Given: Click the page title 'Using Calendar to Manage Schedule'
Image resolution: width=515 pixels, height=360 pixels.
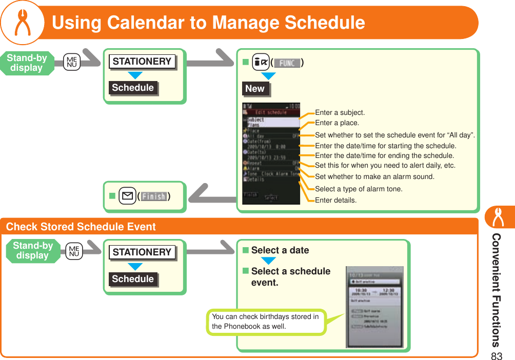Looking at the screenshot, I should click(208, 23).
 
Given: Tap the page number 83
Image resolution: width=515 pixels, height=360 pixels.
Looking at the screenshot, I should click(496, 355).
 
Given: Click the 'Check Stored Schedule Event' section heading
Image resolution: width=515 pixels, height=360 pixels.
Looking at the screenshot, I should click(81, 227).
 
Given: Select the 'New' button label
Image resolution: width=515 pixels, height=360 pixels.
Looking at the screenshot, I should click(255, 88).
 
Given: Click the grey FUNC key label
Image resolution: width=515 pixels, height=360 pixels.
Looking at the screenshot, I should click(287, 63).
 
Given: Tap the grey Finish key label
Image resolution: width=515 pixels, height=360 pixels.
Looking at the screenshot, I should click(153, 196).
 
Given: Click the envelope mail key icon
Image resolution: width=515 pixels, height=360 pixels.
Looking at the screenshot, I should click(126, 196).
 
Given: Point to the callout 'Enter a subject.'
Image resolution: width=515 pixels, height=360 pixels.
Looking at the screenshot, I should click(340, 112).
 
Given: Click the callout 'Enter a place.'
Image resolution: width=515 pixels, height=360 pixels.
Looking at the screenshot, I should click(337, 123).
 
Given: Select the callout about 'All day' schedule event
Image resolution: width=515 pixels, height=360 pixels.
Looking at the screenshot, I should click(394, 135).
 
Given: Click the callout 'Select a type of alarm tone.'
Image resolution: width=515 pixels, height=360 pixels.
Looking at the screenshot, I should click(359, 189).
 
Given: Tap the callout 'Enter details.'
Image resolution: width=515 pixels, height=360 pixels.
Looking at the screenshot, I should click(335, 200).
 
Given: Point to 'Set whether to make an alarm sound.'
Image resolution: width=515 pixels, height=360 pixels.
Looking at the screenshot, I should click(374, 176).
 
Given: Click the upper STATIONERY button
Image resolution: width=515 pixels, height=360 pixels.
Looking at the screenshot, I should click(142, 62).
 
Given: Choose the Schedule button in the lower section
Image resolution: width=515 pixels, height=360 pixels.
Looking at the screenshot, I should click(133, 278).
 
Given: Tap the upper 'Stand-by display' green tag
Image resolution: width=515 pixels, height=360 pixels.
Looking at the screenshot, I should click(27, 63).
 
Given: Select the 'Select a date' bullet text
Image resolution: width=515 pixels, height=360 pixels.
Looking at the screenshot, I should click(280, 250).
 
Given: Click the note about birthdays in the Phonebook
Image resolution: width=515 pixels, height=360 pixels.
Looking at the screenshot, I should click(266, 322).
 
